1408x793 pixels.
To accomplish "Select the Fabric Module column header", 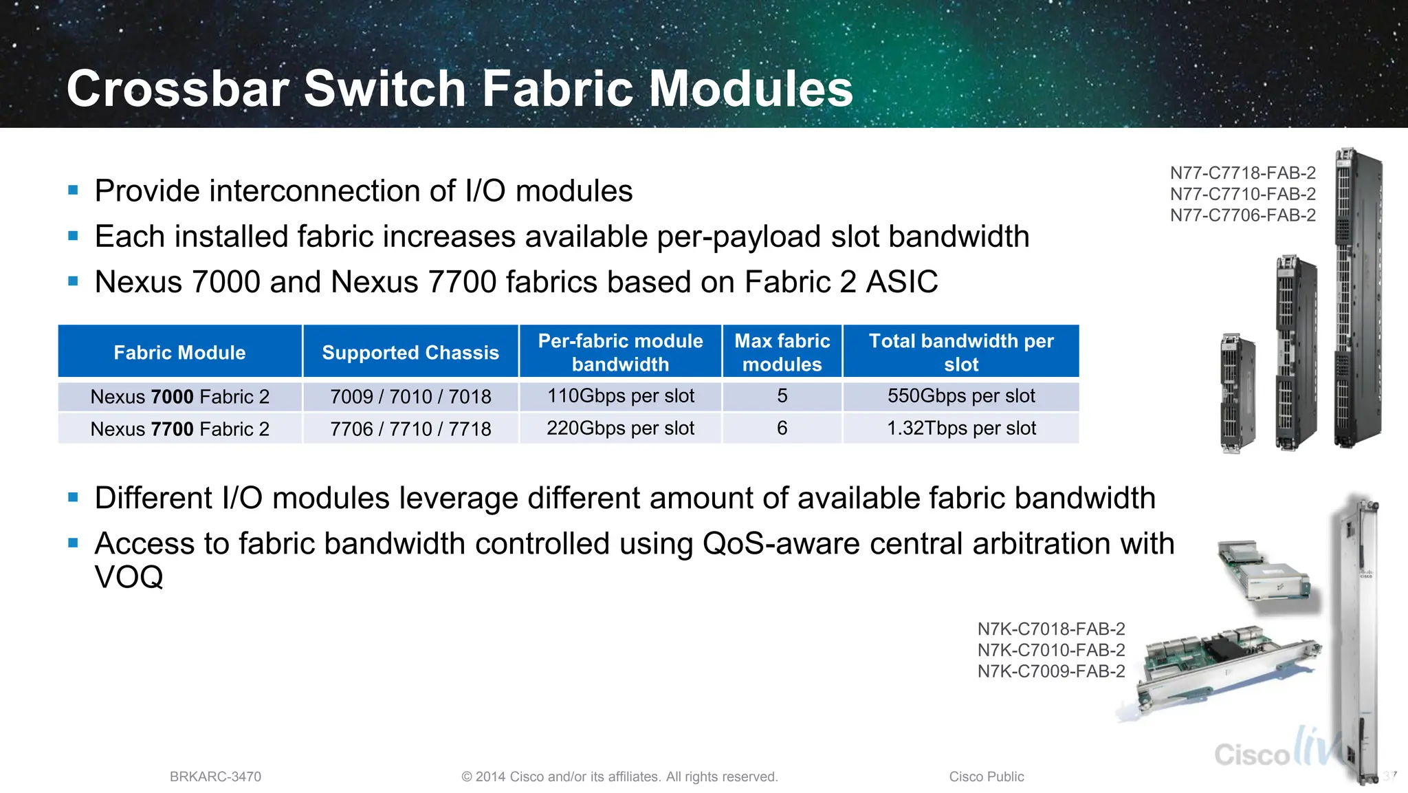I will tap(179, 352).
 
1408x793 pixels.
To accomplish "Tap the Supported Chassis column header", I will tap(410, 352).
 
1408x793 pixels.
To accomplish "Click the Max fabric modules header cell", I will tap(782, 352).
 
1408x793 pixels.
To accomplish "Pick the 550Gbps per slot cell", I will tap(960, 396).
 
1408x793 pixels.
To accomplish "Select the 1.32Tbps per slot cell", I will tap(960, 428).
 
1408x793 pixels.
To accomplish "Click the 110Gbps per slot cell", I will tap(620, 396).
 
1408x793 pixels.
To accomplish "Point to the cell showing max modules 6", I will tap(782, 428).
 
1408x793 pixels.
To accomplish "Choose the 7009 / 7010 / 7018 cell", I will tap(410, 397).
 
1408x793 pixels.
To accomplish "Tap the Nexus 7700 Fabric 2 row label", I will tap(179, 429).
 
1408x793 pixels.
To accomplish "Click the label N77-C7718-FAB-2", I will tap(1242, 173).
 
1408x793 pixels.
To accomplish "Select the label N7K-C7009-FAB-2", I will tap(1051, 671).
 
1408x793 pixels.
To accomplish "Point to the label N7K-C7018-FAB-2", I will tap(1051, 629).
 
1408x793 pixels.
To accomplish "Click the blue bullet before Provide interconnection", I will tap(74, 191).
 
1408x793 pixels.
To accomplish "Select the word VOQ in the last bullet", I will tap(129, 577).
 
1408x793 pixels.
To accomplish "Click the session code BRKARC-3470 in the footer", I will tap(215, 776).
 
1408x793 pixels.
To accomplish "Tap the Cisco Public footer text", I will tap(986, 776).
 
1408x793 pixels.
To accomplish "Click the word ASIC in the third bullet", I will tap(901, 282).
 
